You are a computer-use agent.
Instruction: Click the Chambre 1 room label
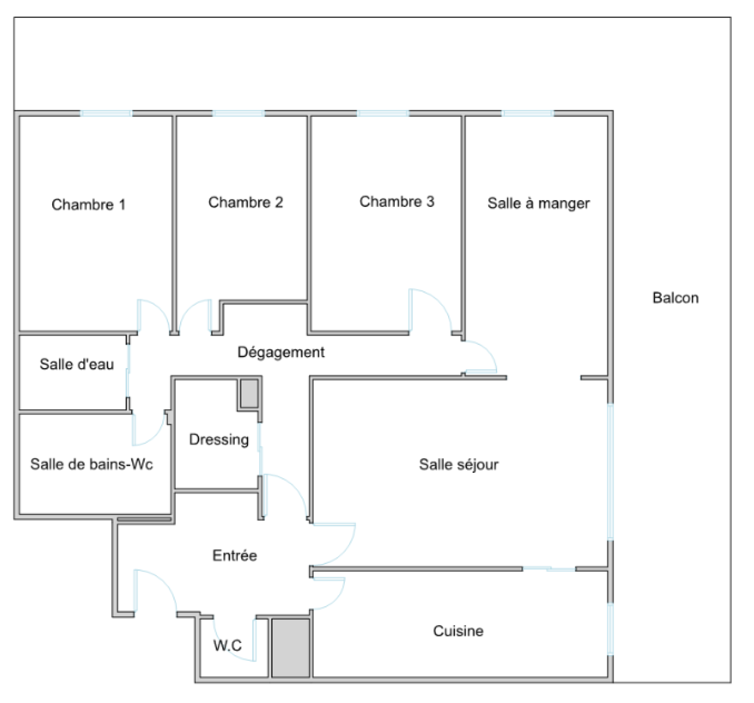coord(89,205)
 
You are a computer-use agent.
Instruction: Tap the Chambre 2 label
coord(246,202)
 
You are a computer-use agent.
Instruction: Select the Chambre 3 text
coord(397,201)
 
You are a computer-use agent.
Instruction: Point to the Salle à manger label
coord(539,203)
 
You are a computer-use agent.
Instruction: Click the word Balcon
coord(675,298)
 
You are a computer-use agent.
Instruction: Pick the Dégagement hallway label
coord(281,352)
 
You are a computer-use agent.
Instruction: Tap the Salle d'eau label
coord(77,364)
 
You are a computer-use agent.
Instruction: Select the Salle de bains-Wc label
coord(92,464)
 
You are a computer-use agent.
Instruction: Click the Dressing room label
coord(219,439)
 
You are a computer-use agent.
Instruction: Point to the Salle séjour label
coord(459,464)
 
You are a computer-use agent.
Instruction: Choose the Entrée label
coord(235,555)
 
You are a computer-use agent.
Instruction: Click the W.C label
coord(228,645)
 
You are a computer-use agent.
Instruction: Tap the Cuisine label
coord(458,631)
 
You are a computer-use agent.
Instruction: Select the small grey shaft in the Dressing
coord(250,394)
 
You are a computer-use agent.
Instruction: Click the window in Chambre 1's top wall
coord(106,113)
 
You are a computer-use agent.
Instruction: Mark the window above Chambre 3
coord(383,113)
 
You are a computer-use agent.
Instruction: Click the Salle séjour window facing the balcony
coord(611,471)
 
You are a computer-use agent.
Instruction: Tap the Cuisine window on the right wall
coord(611,629)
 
